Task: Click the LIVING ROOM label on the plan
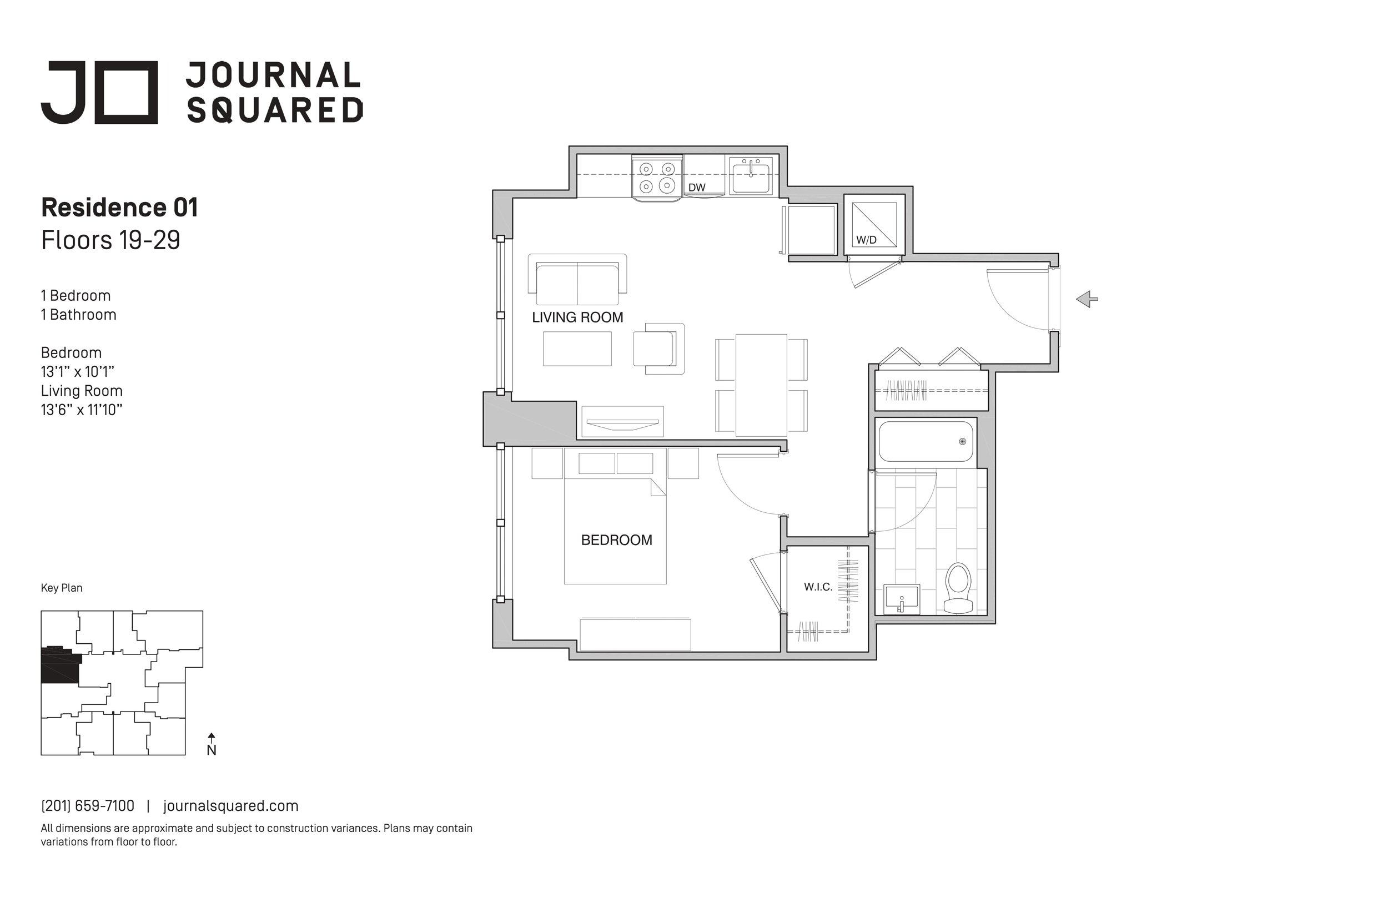577,317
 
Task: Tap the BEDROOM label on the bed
616,540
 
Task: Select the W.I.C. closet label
818,587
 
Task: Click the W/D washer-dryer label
866,240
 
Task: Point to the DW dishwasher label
697,188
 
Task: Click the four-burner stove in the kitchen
657,178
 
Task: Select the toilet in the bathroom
958,588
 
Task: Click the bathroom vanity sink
902,599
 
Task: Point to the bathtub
926,441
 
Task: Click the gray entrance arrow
1087,299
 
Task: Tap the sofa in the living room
577,279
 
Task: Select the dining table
761,385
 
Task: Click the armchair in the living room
659,348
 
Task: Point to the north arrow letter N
212,750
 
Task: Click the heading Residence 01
119,208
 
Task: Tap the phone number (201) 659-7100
88,806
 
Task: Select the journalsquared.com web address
231,806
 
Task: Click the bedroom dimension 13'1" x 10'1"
78,371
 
